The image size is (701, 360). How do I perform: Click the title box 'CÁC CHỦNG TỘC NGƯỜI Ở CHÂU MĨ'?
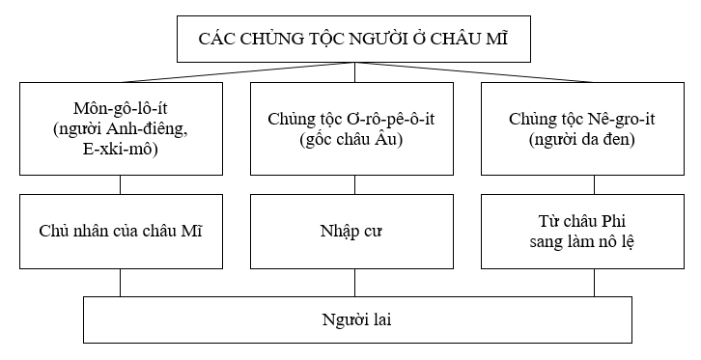click(355, 41)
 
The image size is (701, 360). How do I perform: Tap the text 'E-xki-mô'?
click(120, 152)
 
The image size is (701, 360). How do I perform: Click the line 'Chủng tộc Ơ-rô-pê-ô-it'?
click(353, 119)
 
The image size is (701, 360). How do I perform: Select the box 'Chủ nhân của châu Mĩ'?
click(120, 232)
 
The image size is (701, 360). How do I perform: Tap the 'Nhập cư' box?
click(353, 232)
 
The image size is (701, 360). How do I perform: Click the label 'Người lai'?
click(353, 319)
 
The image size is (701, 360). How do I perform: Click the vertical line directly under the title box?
click(355, 72)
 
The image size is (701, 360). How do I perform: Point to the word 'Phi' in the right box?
click(619, 221)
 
